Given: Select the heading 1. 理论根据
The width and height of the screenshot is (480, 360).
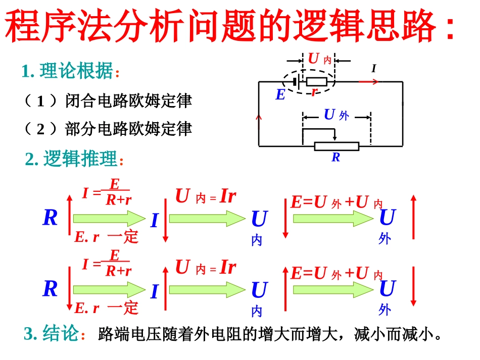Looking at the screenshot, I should [x=71, y=72].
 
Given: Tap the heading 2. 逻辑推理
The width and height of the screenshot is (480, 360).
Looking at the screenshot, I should [x=74, y=160].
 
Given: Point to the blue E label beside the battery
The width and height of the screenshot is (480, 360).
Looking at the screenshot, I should [x=280, y=94].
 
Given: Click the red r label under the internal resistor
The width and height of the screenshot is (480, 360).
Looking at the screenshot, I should [x=314, y=92].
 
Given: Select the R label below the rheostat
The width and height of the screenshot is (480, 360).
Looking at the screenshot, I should [x=336, y=158].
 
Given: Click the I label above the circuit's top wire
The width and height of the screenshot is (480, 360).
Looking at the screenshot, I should [x=374, y=68].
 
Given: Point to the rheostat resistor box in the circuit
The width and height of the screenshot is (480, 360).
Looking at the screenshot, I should [x=337, y=146].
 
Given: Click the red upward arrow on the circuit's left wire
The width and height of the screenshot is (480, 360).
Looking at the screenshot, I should [x=260, y=118].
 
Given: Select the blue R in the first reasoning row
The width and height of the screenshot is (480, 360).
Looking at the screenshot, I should [x=50, y=218].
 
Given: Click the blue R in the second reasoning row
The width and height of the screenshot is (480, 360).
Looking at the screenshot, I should [x=50, y=289].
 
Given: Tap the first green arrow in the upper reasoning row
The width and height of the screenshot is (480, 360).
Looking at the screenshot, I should [x=109, y=218].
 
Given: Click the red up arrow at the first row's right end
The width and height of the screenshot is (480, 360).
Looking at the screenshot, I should [x=414, y=217].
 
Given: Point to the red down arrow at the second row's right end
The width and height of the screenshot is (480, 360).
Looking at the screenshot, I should [x=414, y=287].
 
